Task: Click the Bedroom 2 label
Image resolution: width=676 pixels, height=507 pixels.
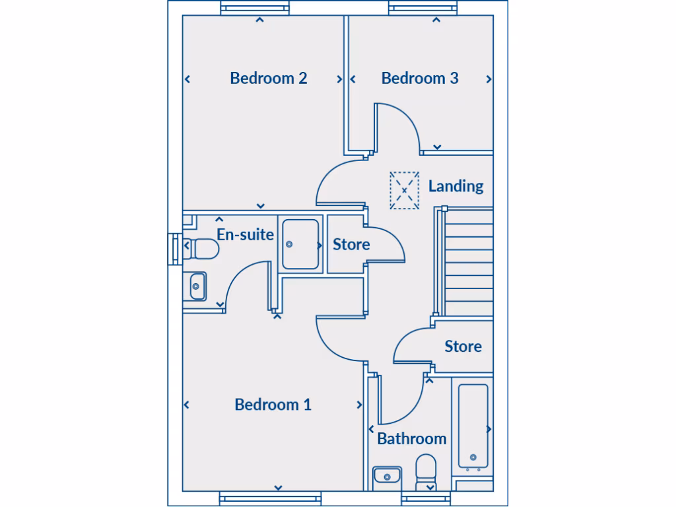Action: pyautogui.click(x=269, y=79)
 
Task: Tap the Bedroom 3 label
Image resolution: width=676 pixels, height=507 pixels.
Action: pyautogui.click(x=420, y=79)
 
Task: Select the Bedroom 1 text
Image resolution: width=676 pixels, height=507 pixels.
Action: pyautogui.click(x=273, y=405)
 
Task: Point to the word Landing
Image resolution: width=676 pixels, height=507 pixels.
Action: pyautogui.click(x=456, y=186)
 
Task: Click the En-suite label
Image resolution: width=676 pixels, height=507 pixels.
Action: pyautogui.click(x=245, y=234)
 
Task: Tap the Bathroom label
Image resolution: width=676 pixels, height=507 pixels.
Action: pyautogui.click(x=412, y=438)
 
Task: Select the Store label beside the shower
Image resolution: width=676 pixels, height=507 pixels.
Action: pyautogui.click(x=351, y=245)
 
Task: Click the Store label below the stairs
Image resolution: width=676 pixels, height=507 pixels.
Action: pyautogui.click(x=463, y=347)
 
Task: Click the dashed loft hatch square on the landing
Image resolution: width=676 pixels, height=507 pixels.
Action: pyautogui.click(x=404, y=191)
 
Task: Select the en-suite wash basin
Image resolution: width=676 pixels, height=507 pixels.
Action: pyautogui.click(x=196, y=287)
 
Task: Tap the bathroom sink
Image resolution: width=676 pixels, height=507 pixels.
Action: pyautogui.click(x=388, y=475)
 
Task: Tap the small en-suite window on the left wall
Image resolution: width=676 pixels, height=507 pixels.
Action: pyautogui.click(x=175, y=249)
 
